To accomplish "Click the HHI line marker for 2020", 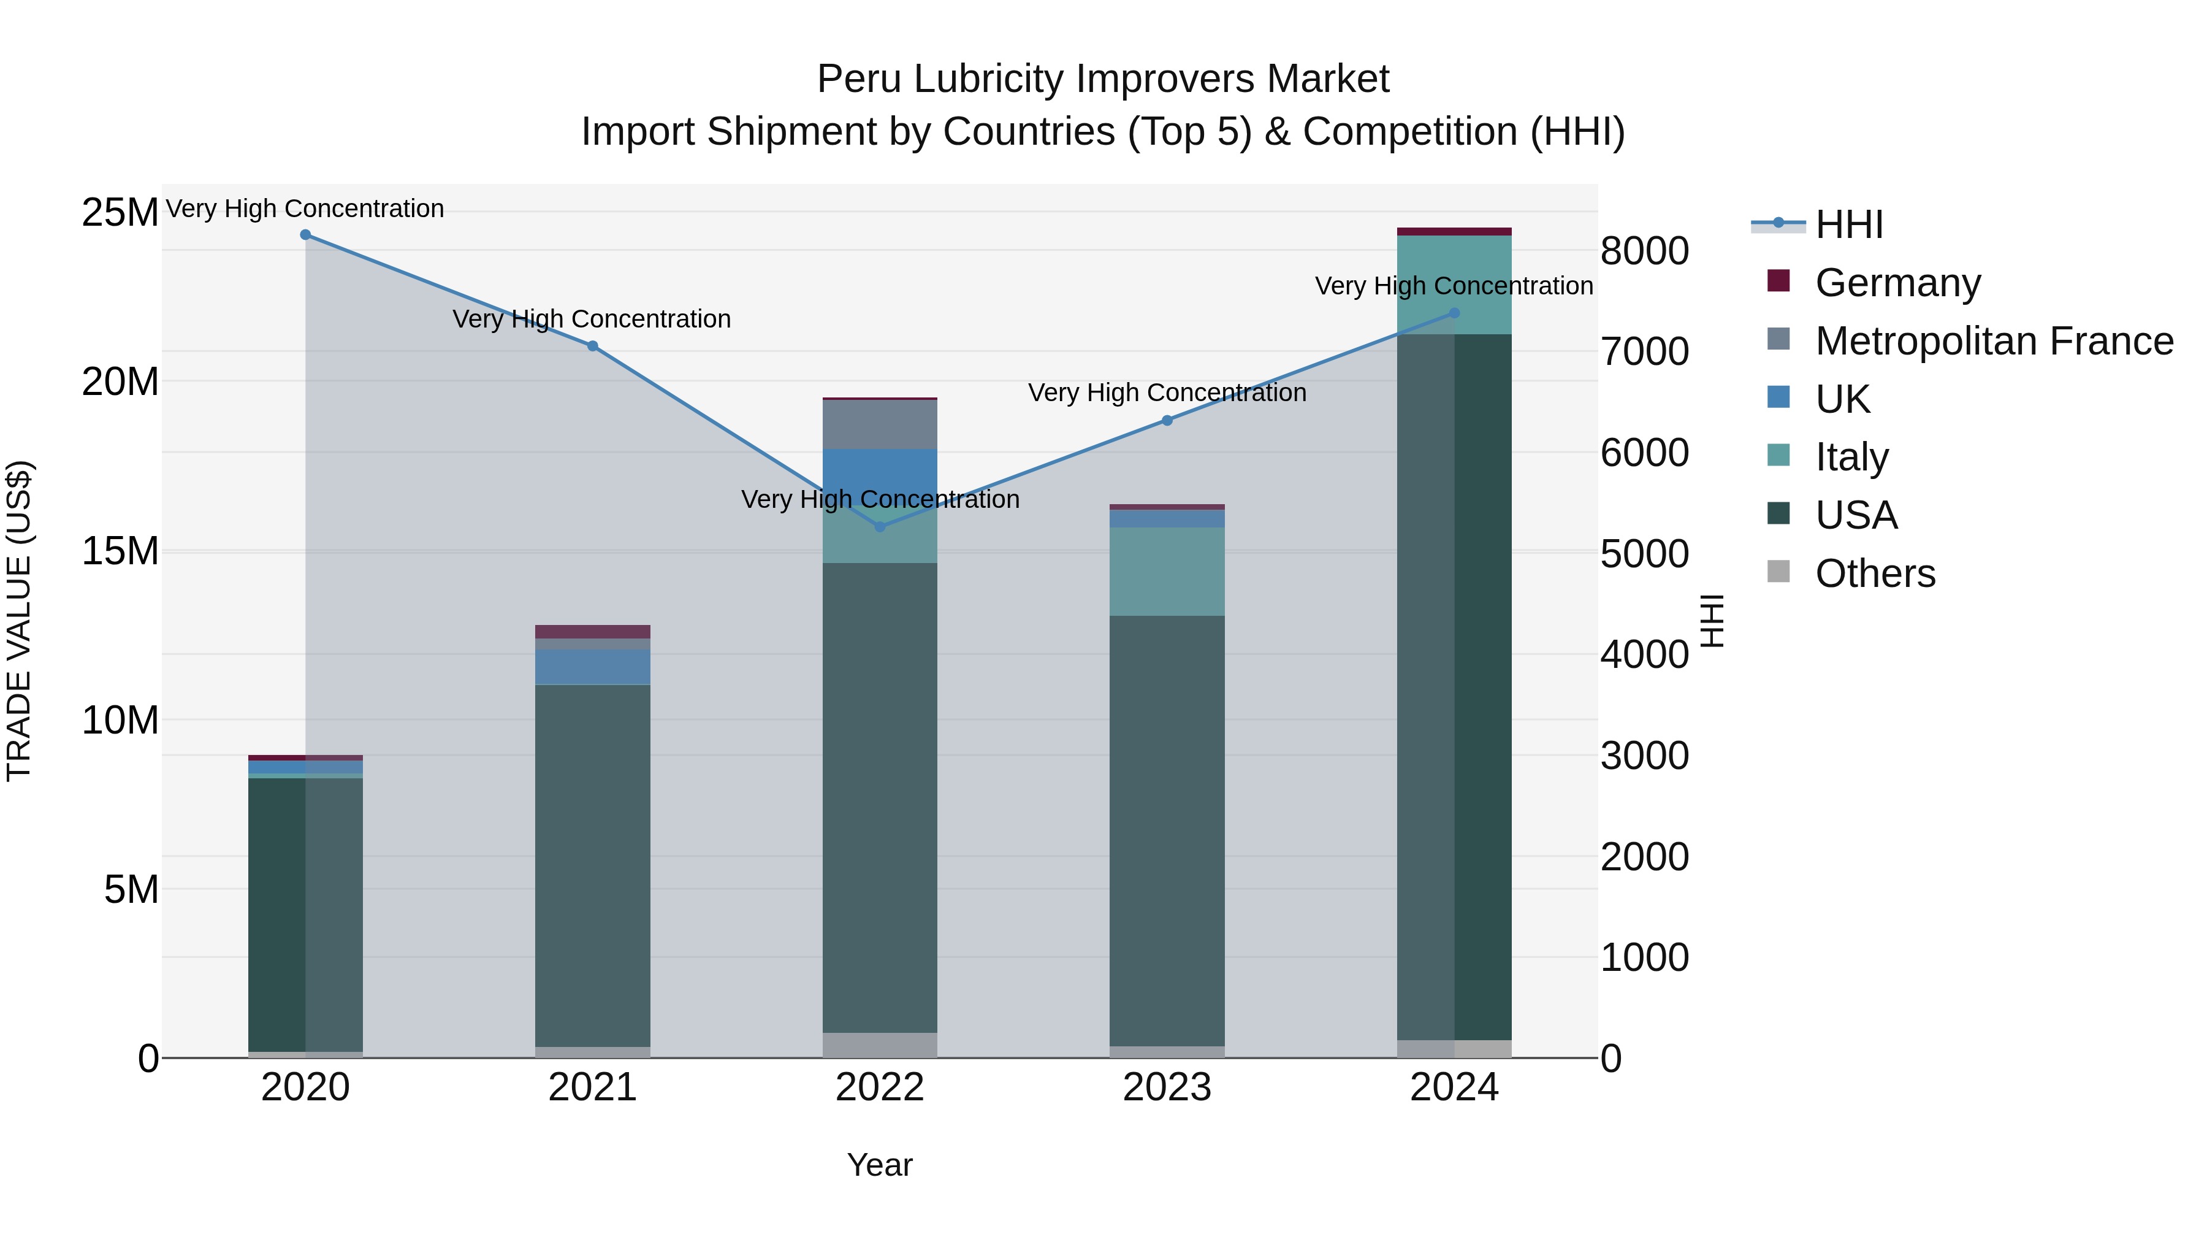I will point(306,235).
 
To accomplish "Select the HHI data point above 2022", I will point(880,526).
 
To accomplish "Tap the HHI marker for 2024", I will point(1454,313).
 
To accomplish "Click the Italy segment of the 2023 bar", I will point(1167,571).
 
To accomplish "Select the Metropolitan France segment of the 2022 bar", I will point(880,424).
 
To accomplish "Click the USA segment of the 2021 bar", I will point(593,865).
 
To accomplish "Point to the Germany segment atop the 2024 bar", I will point(1454,231).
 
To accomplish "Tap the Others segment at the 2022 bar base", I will point(880,1045).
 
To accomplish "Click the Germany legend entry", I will point(1897,283).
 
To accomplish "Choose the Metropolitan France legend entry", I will point(1994,341).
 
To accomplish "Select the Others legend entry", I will point(1875,573).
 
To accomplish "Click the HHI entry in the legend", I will point(1849,224).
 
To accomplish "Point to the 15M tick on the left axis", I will point(120,551).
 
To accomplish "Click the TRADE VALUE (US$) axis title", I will point(20,621).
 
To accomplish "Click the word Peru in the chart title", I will point(858,79).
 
